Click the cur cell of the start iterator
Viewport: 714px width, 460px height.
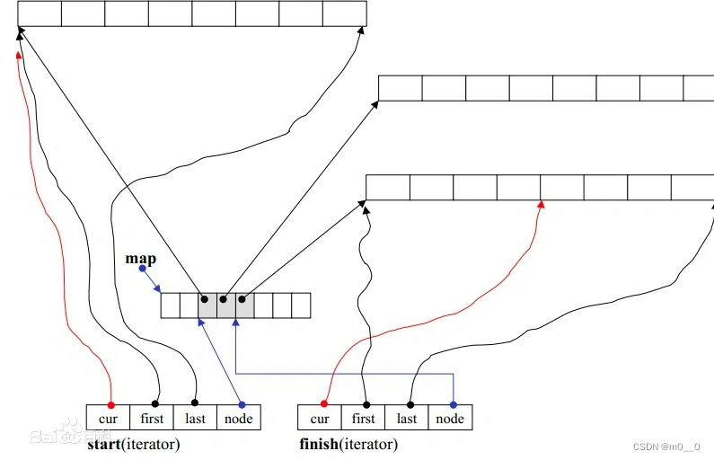coord(108,418)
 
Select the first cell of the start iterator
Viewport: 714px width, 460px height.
coord(151,418)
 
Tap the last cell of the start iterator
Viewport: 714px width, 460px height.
coord(195,418)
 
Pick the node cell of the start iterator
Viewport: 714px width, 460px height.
coord(238,418)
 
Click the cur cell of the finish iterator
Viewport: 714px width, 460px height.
coord(320,418)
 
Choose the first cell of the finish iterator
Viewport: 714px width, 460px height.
coord(363,418)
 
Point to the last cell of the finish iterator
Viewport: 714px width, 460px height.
coord(407,418)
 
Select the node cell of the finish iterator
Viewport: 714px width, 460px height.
coord(450,418)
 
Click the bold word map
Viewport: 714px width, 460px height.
coord(140,259)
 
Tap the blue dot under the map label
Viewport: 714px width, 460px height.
coord(142,269)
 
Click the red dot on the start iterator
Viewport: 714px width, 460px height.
coord(110,404)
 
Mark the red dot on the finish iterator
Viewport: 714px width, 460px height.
coord(323,404)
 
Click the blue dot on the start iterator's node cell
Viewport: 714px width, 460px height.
coord(241,404)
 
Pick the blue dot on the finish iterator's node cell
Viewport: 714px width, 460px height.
coord(454,404)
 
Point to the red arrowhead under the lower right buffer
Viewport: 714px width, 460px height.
coord(541,206)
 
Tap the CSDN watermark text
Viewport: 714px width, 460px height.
coord(666,447)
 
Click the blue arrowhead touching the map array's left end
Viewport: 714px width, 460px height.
coord(158,289)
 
